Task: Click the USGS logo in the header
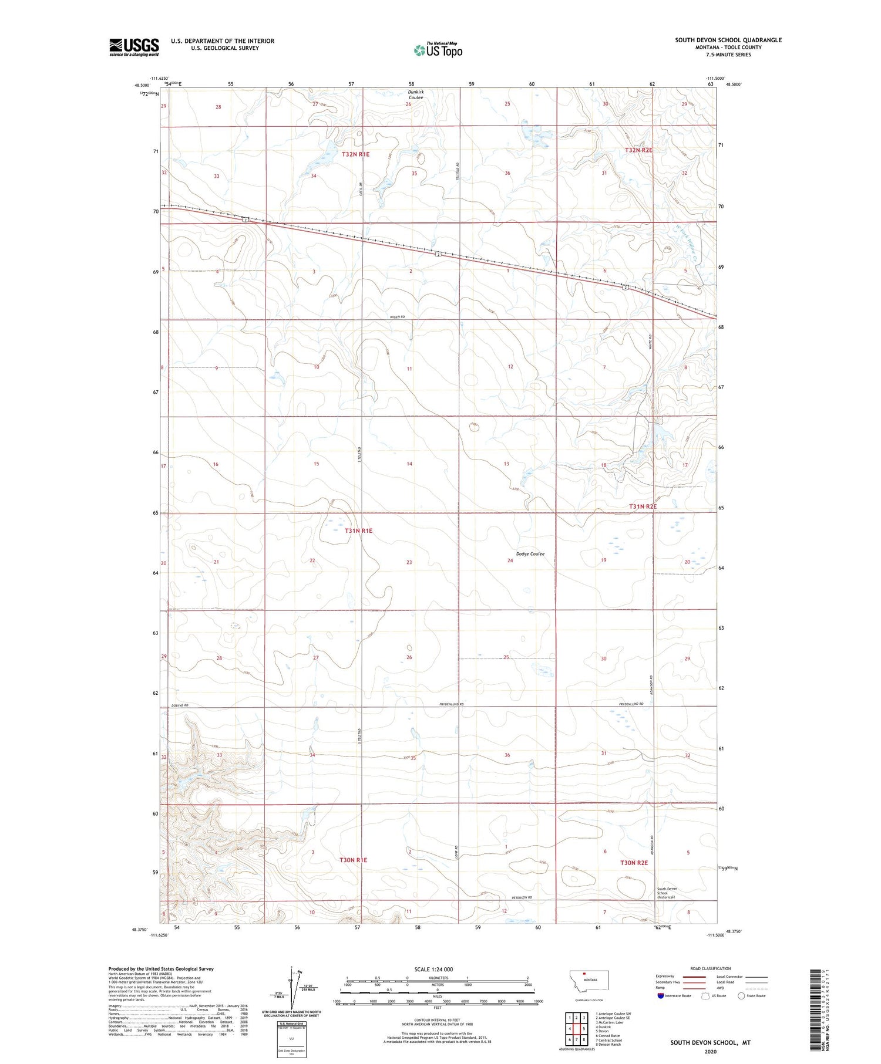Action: [134, 47]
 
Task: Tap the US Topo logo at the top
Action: [438, 50]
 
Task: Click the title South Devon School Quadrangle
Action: [728, 40]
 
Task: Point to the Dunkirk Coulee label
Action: [415, 94]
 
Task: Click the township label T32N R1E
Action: [356, 154]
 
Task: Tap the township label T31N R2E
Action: [643, 506]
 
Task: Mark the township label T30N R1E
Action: [353, 860]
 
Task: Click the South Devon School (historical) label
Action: [666, 893]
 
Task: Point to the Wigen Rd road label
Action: [398, 317]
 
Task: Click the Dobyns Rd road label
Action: [180, 705]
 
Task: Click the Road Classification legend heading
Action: [711, 968]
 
